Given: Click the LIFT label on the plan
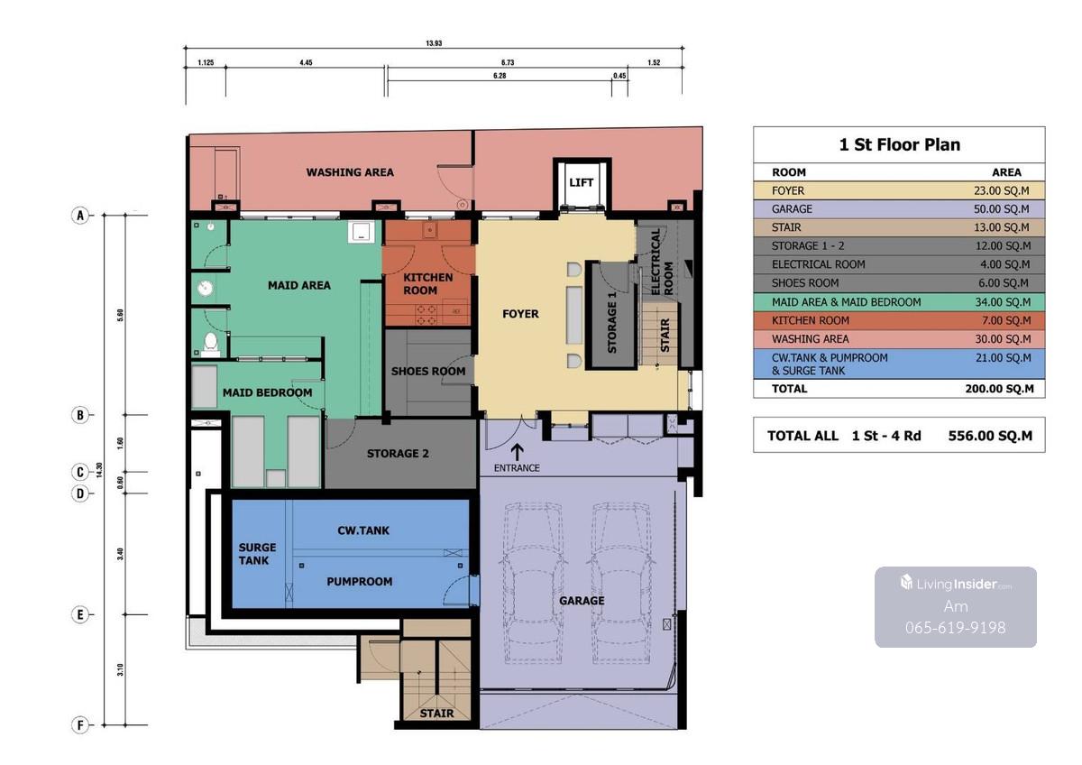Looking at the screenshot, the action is [x=581, y=182].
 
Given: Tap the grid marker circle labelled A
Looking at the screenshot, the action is [x=80, y=215].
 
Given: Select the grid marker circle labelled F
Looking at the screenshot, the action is [x=80, y=725].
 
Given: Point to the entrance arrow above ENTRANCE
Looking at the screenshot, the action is [x=518, y=452].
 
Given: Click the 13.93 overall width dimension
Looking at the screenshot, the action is [x=434, y=43].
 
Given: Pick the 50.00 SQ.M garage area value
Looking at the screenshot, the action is [x=1002, y=208].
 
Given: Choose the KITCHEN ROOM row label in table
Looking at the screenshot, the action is [x=811, y=320].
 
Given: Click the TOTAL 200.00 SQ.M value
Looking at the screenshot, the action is [x=999, y=389].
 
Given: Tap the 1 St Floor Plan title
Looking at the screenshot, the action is [x=900, y=144].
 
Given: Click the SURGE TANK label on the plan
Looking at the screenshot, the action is [x=257, y=554].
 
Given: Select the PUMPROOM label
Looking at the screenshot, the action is [x=360, y=581].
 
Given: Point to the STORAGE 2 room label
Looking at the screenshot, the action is [x=398, y=453].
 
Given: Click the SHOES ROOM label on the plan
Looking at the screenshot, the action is [x=428, y=371].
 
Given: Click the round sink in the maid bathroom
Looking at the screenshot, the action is [x=206, y=289].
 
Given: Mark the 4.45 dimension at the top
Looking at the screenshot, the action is [x=306, y=62].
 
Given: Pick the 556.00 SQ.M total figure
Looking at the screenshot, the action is [x=990, y=436].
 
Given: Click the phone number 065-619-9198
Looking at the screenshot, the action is [x=956, y=627].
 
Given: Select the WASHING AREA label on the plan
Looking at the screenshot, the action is [x=350, y=172].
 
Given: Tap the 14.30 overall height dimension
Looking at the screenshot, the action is [x=99, y=470].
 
